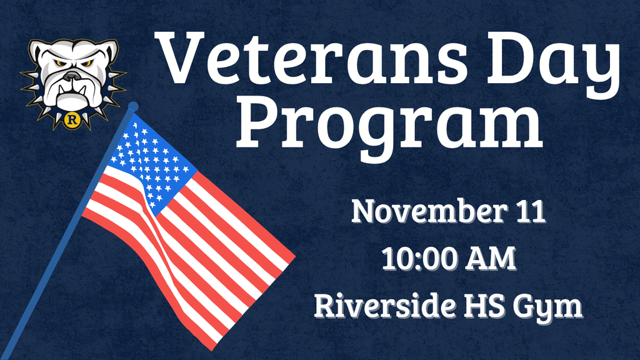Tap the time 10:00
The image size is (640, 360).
pos(421,258)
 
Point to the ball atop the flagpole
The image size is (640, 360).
pos(132,107)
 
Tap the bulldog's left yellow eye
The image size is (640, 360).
pos(59,63)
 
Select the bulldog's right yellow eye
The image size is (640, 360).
pos(87,63)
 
